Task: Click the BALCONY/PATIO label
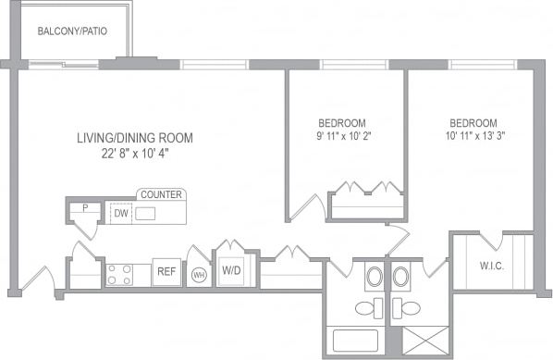pyautogui.click(x=71, y=31)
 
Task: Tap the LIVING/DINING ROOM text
pyautogui.click(x=135, y=138)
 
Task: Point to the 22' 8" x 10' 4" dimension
pyautogui.click(x=135, y=154)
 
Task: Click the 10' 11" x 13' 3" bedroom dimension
pyautogui.click(x=473, y=136)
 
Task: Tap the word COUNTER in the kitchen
pyautogui.click(x=161, y=194)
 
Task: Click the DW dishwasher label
pyautogui.click(x=119, y=213)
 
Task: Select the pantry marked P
pyautogui.click(x=85, y=208)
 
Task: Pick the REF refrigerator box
pyautogui.click(x=166, y=272)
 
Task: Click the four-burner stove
pyautogui.click(x=119, y=274)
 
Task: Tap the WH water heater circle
pyautogui.click(x=198, y=275)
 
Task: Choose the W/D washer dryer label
pyautogui.click(x=230, y=272)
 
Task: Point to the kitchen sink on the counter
pyautogui.click(x=145, y=214)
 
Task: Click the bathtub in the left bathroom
pyautogui.click(x=354, y=340)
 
